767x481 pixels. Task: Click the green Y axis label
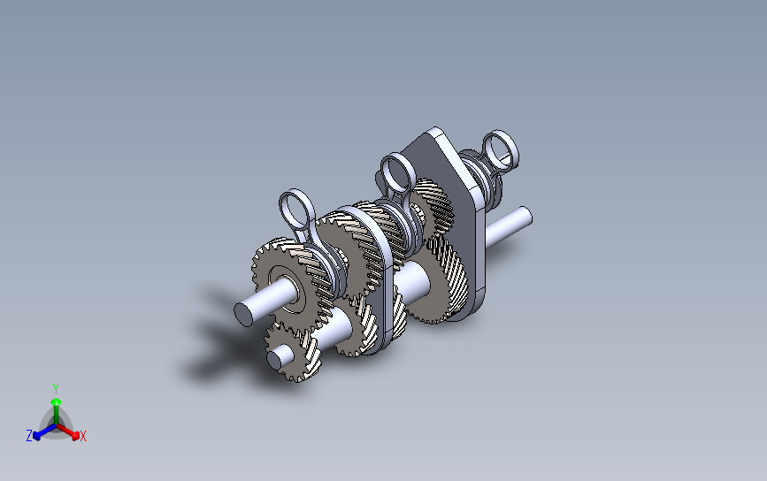(x=56, y=389)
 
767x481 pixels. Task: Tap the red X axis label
(x=82, y=436)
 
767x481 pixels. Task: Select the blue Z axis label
(x=29, y=436)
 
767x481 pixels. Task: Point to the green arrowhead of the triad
(x=57, y=402)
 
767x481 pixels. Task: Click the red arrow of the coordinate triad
(x=68, y=431)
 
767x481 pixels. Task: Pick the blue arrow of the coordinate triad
(x=44, y=431)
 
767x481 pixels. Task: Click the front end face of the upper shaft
(x=243, y=314)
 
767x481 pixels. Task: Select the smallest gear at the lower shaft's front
(x=294, y=354)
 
